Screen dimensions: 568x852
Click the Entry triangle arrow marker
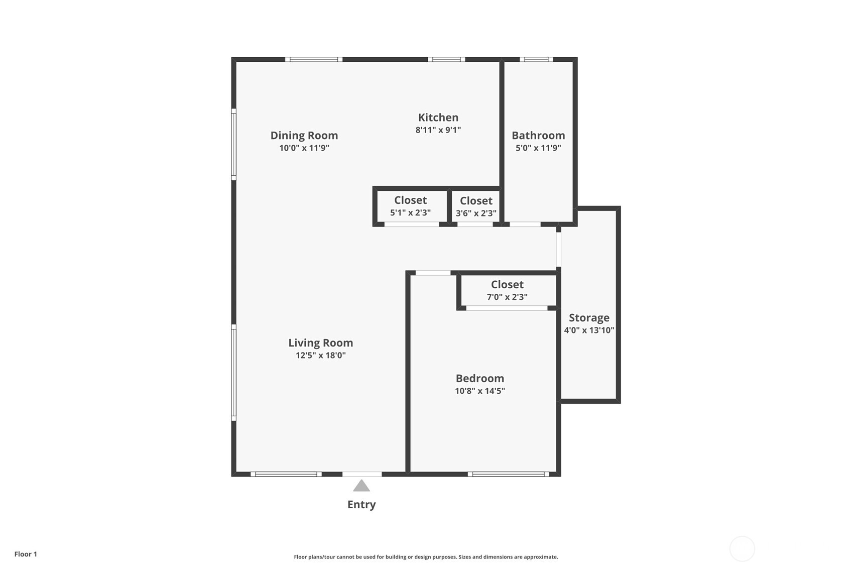pyautogui.click(x=361, y=486)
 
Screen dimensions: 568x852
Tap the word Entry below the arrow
pyautogui.click(x=361, y=505)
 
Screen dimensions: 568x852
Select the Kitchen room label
pyautogui.click(x=438, y=118)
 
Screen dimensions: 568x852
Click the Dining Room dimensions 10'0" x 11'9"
pyautogui.click(x=304, y=148)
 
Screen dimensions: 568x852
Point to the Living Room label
pyautogui.click(x=320, y=343)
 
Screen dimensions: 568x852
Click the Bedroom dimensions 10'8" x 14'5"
pyautogui.click(x=479, y=391)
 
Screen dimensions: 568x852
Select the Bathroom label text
pyautogui.click(x=538, y=136)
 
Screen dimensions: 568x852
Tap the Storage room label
pyautogui.click(x=589, y=318)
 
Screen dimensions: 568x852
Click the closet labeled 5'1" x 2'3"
pyautogui.click(x=410, y=206)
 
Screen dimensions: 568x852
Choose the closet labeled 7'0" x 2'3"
pyautogui.click(x=507, y=291)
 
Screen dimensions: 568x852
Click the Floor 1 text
pyautogui.click(x=26, y=554)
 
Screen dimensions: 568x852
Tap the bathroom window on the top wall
pyautogui.click(x=536, y=59)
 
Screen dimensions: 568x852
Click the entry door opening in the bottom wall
pyautogui.click(x=362, y=474)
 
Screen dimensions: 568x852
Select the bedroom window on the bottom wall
pyautogui.click(x=509, y=474)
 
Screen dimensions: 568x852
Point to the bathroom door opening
pyautogui.click(x=525, y=224)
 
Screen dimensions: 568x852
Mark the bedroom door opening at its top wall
pyautogui.click(x=433, y=273)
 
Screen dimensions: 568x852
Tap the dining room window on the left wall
pyautogui.click(x=233, y=144)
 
